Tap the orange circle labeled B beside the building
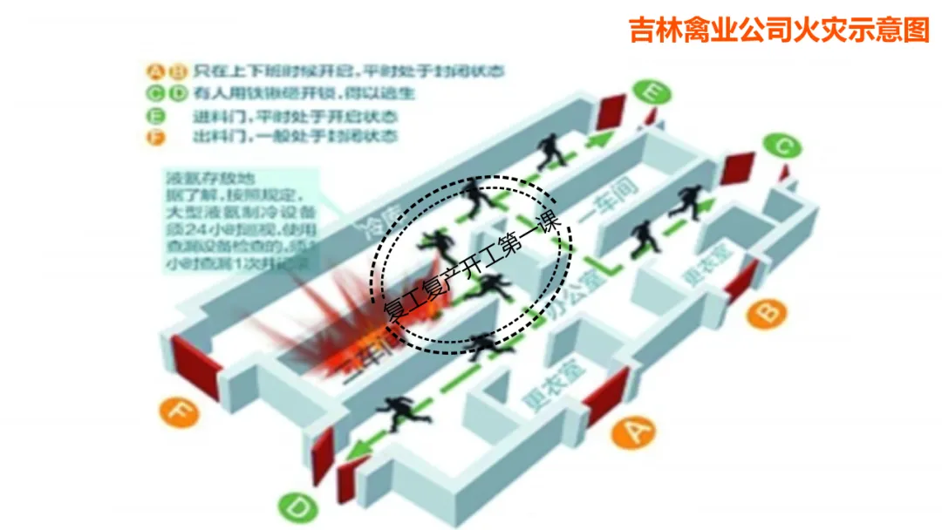(767, 312)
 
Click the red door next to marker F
(195, 366)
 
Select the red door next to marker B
(741, 279)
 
